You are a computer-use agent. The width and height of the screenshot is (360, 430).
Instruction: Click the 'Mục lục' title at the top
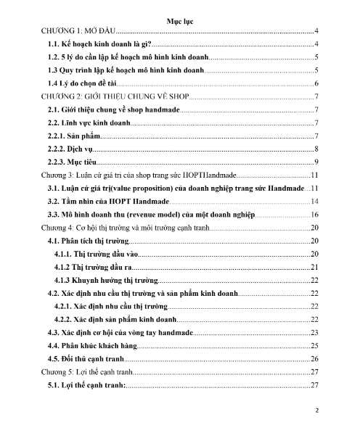point(179,23)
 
